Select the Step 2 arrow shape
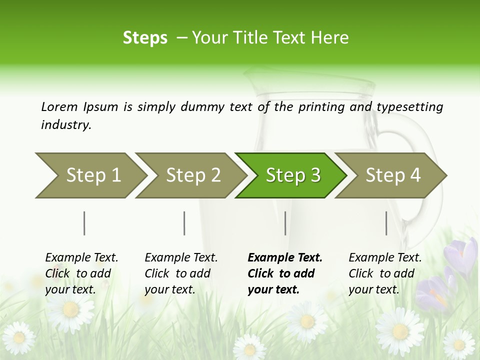tap(190, 175)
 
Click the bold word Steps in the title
tap(145, 38)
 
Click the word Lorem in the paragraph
tap(59, 106)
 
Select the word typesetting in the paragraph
tap(409, 106)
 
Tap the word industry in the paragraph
tap(66, 124)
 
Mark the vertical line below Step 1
tap(84, 223)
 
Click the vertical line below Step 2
tap(184, 223)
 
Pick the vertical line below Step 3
tap(285, 223)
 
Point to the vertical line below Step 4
tap(386, 223)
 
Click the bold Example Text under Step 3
tap(285, 258)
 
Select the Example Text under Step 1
tap(81, 258)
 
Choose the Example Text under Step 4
tap(385, 258)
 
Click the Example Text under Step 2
tap(181, 258)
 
